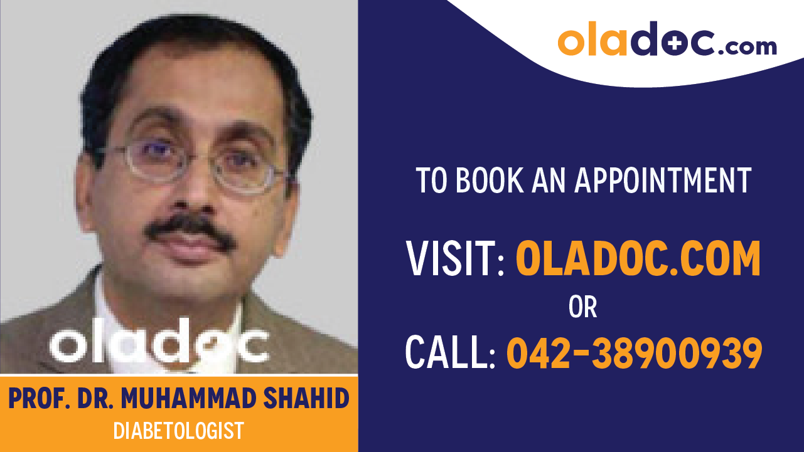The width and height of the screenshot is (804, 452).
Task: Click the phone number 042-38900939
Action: point(635,353)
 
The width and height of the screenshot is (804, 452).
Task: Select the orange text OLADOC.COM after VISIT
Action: point(638,259)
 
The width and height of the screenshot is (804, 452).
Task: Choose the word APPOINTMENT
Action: point(663,181)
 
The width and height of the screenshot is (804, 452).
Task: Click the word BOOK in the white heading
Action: point(487,181)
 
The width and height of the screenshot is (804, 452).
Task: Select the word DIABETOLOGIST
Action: point(178,431)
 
